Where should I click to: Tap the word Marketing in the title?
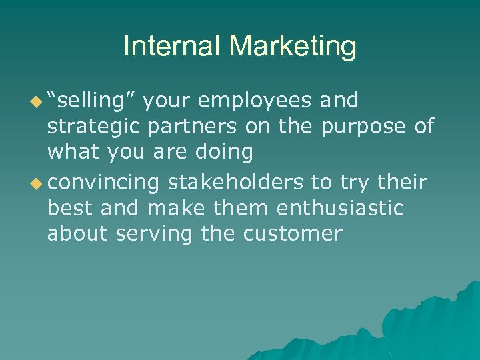293,47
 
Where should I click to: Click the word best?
69,208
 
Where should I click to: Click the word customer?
293,235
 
